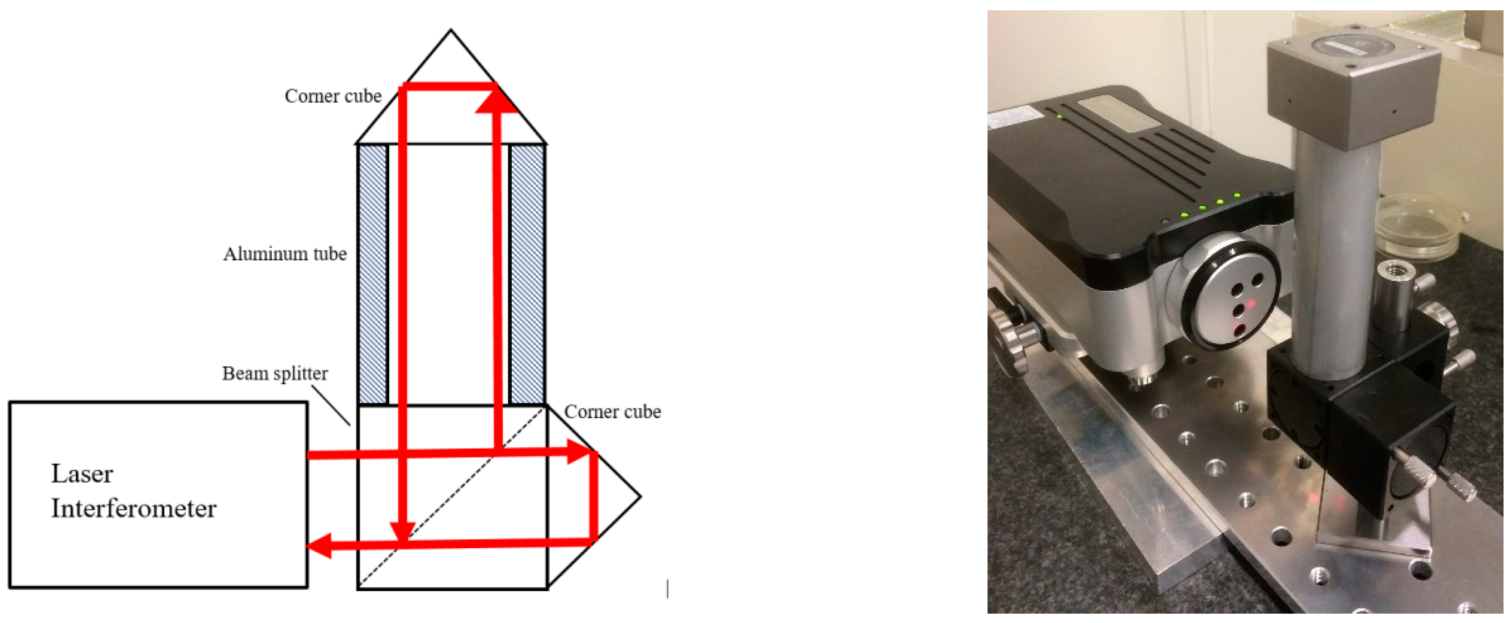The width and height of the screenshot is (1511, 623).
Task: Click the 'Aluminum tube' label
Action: tap(285, 254)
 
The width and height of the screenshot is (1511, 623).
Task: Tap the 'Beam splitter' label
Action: tap(275, 373)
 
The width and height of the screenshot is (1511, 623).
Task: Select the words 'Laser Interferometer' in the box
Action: tap(134, 491)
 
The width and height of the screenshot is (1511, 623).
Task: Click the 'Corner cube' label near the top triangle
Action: tap(333, 95)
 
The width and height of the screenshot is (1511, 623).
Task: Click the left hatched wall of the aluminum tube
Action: tap(372, 274)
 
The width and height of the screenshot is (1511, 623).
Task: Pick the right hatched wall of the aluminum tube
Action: tap(527, 274)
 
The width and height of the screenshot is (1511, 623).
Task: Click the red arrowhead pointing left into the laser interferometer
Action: tap(319, 545)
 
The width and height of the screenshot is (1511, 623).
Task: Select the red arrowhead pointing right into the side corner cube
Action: tap(580, 452)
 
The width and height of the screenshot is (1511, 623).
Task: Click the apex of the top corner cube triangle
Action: tap(450, 29)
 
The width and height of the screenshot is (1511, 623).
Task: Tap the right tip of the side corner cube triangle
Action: tap(640, 496)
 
